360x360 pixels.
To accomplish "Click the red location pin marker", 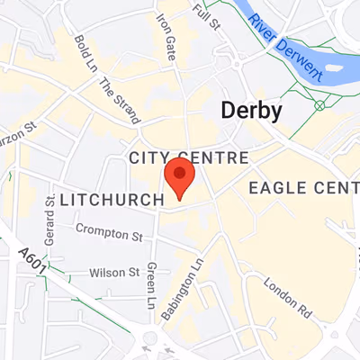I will coord(179,178).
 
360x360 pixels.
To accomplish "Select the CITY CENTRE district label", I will coord(188,157).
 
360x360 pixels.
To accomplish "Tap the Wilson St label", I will coord(113,272).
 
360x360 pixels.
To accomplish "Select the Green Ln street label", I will coord(151,283).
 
